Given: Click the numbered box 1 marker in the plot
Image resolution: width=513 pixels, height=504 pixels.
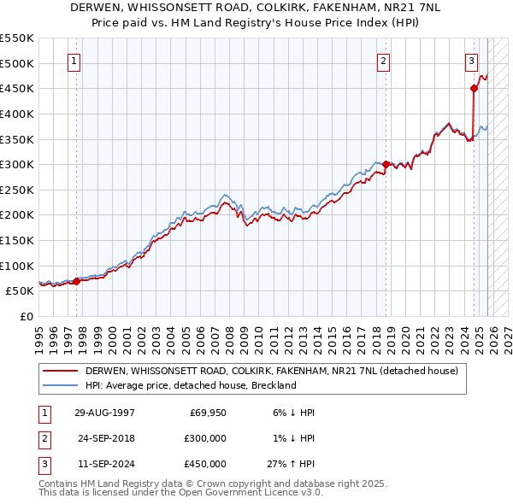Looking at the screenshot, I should coord(75,61).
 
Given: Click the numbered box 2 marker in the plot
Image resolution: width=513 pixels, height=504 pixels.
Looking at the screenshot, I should coord(384,61).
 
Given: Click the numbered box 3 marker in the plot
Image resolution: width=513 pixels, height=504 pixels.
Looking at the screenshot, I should coord(471,61).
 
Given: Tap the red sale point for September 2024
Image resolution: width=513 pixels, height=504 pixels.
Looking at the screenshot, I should coord(474,87).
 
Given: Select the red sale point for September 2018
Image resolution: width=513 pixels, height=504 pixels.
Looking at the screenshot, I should coord(386,164).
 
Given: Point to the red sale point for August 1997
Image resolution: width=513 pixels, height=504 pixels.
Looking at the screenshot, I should coord(76,280).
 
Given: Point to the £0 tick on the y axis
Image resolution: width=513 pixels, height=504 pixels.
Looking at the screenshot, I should coord(26,316).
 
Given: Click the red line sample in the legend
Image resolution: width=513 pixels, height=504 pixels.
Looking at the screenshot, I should coord(62,371).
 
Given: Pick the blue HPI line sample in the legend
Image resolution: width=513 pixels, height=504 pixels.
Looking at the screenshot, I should coord(62,385).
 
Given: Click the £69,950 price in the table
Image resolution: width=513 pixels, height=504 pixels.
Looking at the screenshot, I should coord(205,412).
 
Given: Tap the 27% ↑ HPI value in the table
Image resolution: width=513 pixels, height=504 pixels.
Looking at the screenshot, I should coord(295,463).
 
